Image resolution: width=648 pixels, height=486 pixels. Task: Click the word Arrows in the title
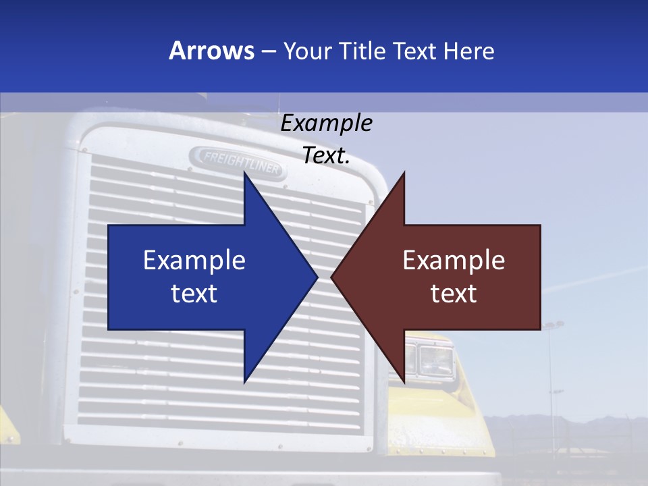click(x=211, y=51)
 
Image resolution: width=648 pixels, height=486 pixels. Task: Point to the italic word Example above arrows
click(x=327, y=124)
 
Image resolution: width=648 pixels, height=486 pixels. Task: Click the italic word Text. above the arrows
click(x=327, y=156)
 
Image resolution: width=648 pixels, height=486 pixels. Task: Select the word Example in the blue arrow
click(x=194, y=261)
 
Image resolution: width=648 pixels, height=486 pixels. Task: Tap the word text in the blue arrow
click(x=194, y=294)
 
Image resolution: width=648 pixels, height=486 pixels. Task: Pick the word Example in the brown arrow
click(x=454, y=261)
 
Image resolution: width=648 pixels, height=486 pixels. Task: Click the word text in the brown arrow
click(x=454, y=294)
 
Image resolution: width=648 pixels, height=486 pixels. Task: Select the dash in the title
click(x=268, y=51)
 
